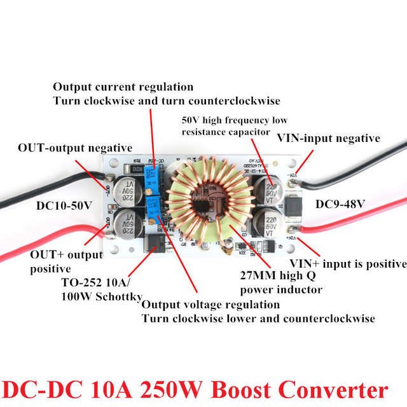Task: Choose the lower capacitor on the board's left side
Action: pyautogui.click(x=128, y=224)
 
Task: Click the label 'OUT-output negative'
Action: pyautogui.click(x=75, y=148)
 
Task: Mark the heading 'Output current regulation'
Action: pyautogui.click(x=123, y=86)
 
